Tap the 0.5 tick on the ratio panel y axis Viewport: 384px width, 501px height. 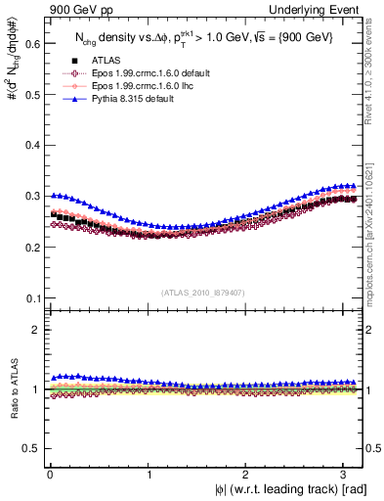point(30,448)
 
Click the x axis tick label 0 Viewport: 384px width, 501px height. point(50,475)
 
